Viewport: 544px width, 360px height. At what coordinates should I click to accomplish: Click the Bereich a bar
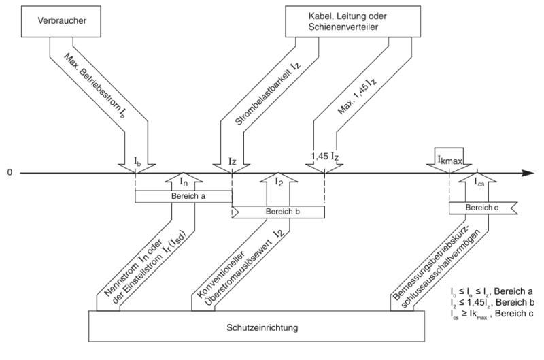tap(183, 196)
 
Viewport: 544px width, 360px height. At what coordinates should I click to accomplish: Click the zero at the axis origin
tap(10, 173)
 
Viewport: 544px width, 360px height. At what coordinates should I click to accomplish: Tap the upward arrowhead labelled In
tap(183, 181)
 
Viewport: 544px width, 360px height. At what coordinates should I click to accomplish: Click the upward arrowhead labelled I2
tap(279, 181)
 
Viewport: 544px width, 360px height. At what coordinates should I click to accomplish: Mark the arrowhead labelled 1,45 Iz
tap(325, 164)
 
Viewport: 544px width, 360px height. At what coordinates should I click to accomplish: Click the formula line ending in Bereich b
tap(491, 301)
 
